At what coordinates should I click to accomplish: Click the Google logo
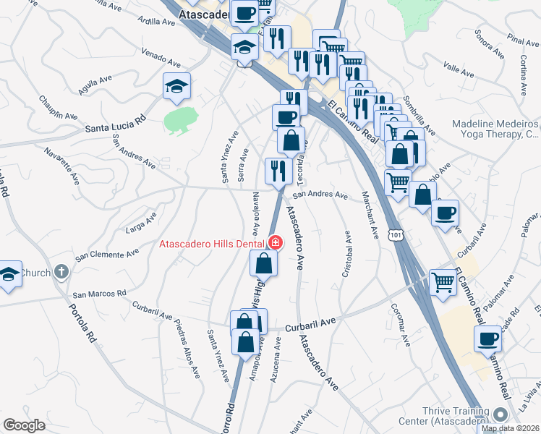24,425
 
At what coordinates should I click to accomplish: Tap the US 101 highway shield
395,236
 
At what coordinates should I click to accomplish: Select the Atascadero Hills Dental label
213,244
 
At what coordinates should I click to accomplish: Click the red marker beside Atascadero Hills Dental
274,242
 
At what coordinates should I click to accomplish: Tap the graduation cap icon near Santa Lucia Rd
176,88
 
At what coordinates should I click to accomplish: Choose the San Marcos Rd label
100,294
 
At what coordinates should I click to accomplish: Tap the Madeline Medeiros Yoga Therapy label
496,129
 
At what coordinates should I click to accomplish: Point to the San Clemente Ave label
108,254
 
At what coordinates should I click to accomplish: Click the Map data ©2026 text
511,428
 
